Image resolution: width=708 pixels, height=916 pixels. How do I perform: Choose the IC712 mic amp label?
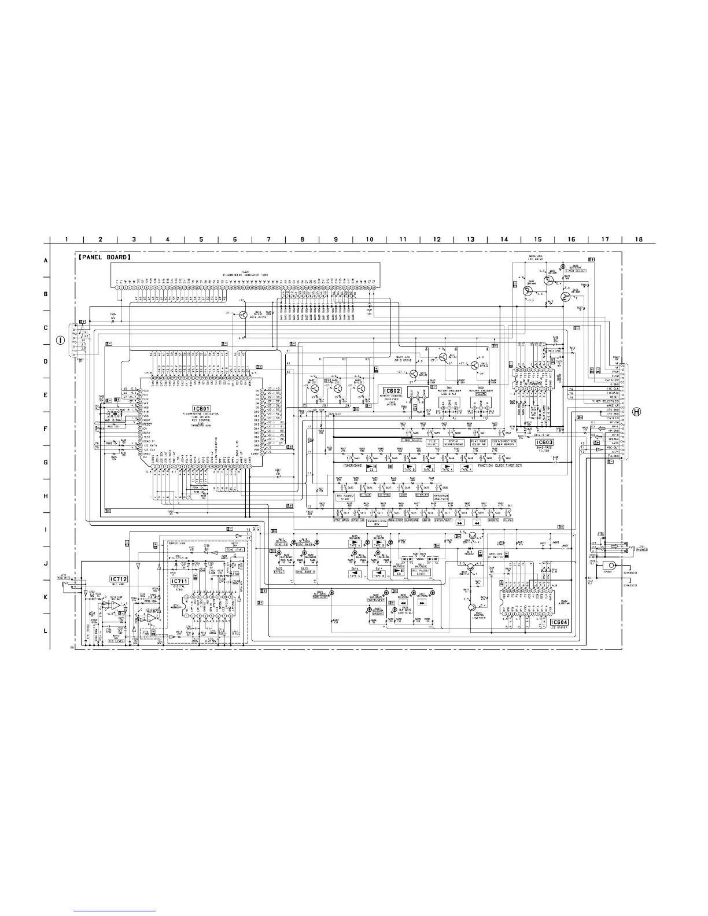pos(118,578)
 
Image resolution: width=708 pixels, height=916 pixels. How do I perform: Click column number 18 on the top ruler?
pos(638,239)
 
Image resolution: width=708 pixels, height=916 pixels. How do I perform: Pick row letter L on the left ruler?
pos(46,631)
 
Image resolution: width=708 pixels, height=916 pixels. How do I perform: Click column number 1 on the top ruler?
pos(67,239)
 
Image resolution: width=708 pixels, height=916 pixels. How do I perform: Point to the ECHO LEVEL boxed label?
pos(233,551)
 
